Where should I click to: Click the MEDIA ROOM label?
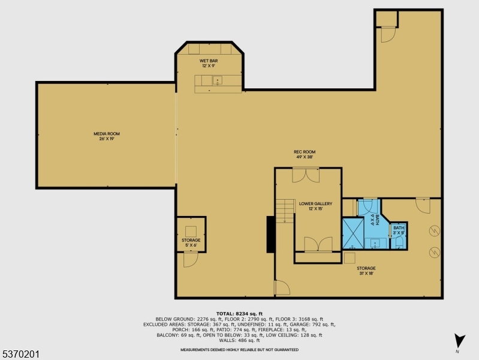tap(102, 136)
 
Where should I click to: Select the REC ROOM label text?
tap(304, 154)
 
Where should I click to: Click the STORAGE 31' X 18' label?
tap(366, 271)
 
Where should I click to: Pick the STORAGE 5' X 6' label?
tap(191, 242)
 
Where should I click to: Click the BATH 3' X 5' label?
tap(399, 230)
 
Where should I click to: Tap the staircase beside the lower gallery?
tap(285, 211)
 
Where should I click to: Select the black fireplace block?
tap(271, 234)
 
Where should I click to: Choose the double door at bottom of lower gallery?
tap(318, 244)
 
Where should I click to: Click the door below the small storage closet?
tap(190, 259)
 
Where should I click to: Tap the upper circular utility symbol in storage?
tap(432, 230)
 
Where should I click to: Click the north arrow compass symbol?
tap(459, 340)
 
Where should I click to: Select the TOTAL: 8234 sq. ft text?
tap(239, 313)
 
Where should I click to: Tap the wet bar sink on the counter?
tap(218, 80)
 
